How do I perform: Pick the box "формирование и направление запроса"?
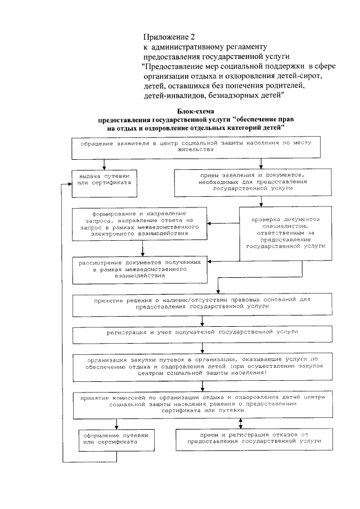pos(140,224)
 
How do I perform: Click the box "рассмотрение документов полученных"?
pos(140,269)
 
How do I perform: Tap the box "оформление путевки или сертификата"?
pos(108,440)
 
